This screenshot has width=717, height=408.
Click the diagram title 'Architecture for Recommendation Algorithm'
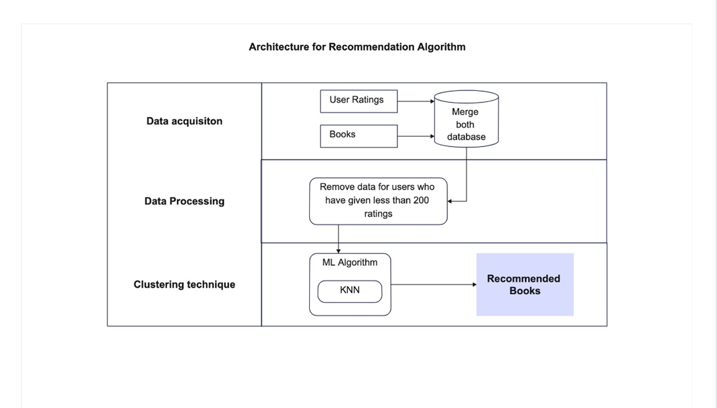click(357, 47)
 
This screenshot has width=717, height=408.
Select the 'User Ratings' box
click(358, 101)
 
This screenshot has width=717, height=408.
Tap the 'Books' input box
click(358, 136)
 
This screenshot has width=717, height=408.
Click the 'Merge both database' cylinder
click(466, 119)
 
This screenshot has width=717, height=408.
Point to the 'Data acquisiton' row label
click(184, 121)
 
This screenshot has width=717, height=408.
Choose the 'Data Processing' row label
click(184, 201)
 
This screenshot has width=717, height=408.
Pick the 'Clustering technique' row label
click(184, 285)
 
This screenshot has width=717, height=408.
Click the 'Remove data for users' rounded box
click(378, 201)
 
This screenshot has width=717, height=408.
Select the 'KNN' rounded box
click(349, 290)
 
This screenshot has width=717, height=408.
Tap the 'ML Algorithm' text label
click(349, 263)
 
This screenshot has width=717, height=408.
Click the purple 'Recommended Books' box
click(524, 284)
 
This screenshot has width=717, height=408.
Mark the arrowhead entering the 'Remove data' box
click(451, 201)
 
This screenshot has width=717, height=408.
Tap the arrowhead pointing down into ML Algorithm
click(338, 250)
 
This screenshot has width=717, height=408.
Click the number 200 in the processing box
click(421, 201)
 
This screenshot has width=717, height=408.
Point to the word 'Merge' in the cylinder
click(465, 112)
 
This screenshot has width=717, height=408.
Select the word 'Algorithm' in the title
click(441, 47)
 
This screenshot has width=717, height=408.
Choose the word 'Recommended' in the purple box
click(524, 279)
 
